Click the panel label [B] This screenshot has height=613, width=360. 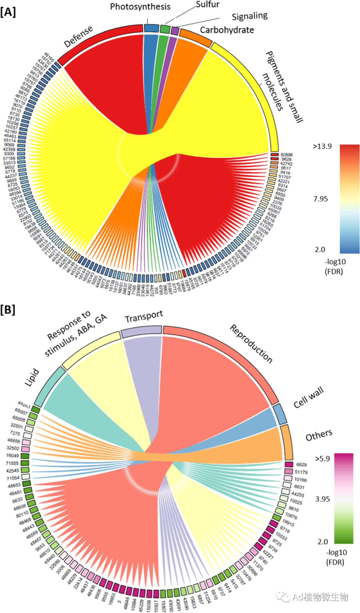click(x=8, y=310)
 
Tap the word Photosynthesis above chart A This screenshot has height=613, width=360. click(x=140, y=7)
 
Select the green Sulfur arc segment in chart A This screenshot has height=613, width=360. click(x=165, y=29)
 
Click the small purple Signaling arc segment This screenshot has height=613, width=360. click(x=175, y=31)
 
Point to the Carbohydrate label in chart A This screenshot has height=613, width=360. click(x=227, y=30)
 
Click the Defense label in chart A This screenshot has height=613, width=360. click(x=78, y=37)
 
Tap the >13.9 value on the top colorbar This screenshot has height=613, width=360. click(x=322, y=146)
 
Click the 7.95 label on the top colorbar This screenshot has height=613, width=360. click(x=320, y=199)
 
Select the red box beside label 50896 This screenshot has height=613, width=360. click(x=274, y=155)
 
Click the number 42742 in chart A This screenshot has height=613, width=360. click(x=286, y=164)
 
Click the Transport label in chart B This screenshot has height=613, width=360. click(x=144, y=317)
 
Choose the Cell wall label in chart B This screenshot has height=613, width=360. click(x=308, y=397)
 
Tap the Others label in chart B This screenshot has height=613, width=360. click(x=319, y=435)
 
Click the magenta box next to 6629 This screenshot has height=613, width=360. click(x=289, y=464)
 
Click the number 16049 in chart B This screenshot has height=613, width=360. click(x=12, y=456)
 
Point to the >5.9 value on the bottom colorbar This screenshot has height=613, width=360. click(x=323, y=459)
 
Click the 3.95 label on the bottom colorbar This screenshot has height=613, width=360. click(x=322, y=499)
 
